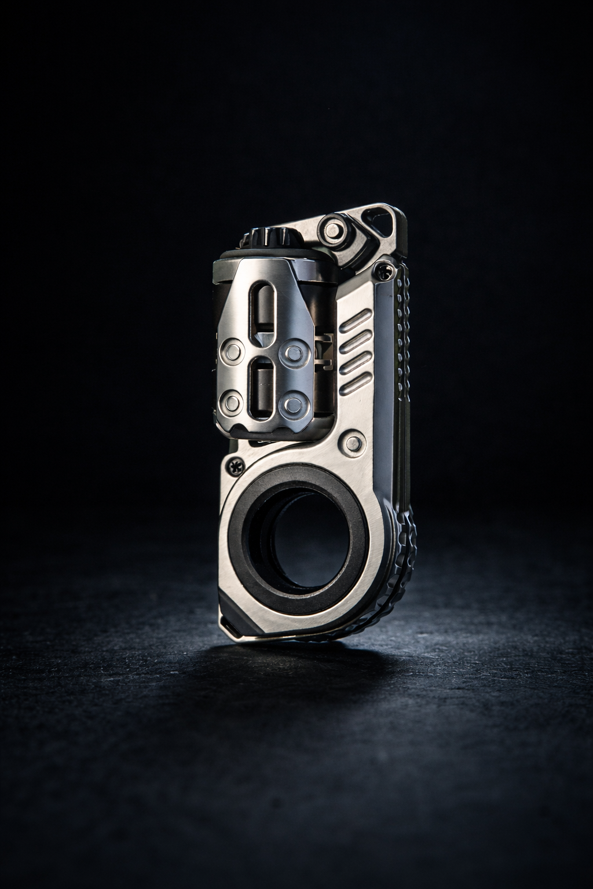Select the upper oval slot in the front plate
coord(263,307)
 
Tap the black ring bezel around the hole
coord(243,556)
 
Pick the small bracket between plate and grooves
coord(324,353)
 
